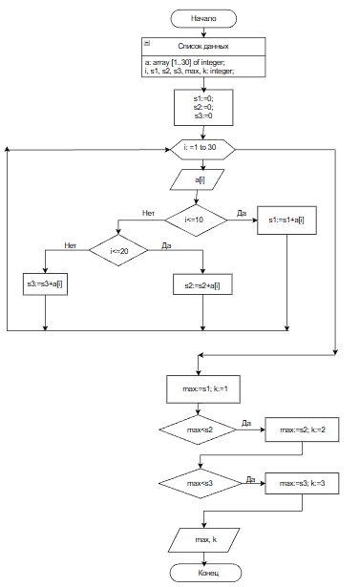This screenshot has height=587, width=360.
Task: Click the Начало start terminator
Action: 203,19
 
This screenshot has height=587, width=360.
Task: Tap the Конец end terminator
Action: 205,573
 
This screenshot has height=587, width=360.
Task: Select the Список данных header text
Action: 203,47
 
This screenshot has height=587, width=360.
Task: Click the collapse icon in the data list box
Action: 147,43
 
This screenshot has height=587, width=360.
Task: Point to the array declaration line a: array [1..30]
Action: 184,62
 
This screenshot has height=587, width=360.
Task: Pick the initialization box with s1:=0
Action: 203,107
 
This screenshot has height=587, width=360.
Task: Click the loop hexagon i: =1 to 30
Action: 202,149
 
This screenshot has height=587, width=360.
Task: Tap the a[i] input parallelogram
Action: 198,179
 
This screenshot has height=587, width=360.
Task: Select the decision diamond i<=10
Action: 196,220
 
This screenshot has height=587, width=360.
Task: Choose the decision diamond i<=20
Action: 118,250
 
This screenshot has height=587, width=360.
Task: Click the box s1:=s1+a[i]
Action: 287,220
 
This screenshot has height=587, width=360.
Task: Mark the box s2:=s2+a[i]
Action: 202,284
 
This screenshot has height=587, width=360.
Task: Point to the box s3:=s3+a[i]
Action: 45,283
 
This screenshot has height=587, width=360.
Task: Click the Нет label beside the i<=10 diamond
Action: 148,213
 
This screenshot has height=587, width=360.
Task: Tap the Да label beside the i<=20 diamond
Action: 166,245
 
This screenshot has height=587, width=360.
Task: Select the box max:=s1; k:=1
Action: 203,389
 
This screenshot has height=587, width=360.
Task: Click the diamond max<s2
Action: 198,430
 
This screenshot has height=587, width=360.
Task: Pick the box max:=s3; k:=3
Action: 302,483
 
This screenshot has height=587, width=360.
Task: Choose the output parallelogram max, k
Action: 203,540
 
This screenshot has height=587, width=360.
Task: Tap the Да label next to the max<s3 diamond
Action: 250,479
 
